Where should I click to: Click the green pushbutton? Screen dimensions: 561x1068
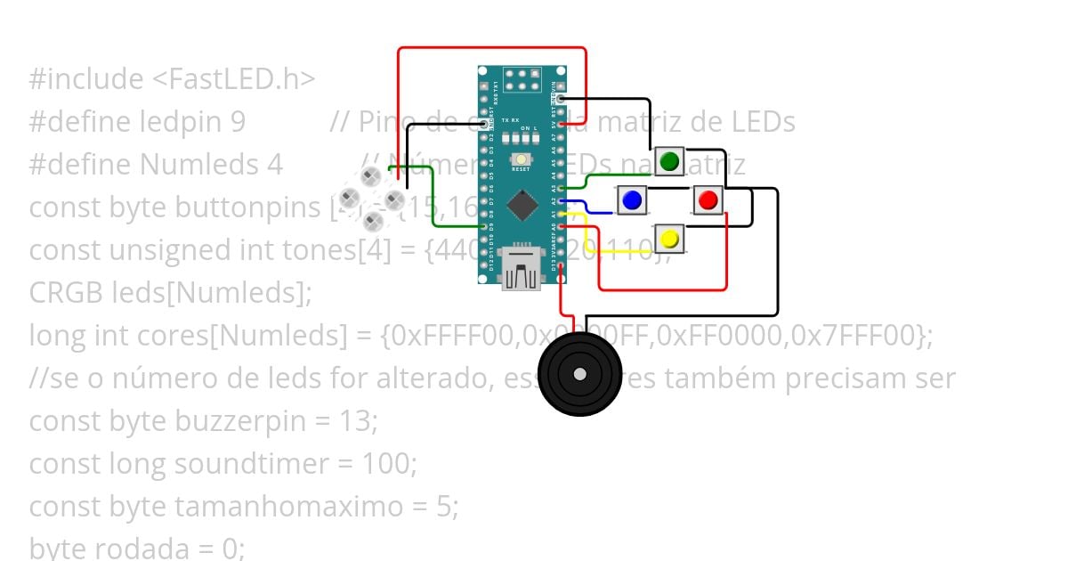coord(669,161)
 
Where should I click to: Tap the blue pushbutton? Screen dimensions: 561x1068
coord(632,200)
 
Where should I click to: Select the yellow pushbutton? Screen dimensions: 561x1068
coord(669,239)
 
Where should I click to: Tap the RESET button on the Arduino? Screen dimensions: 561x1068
coord(521,160)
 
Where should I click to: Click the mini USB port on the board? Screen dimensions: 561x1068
coord(521,267)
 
